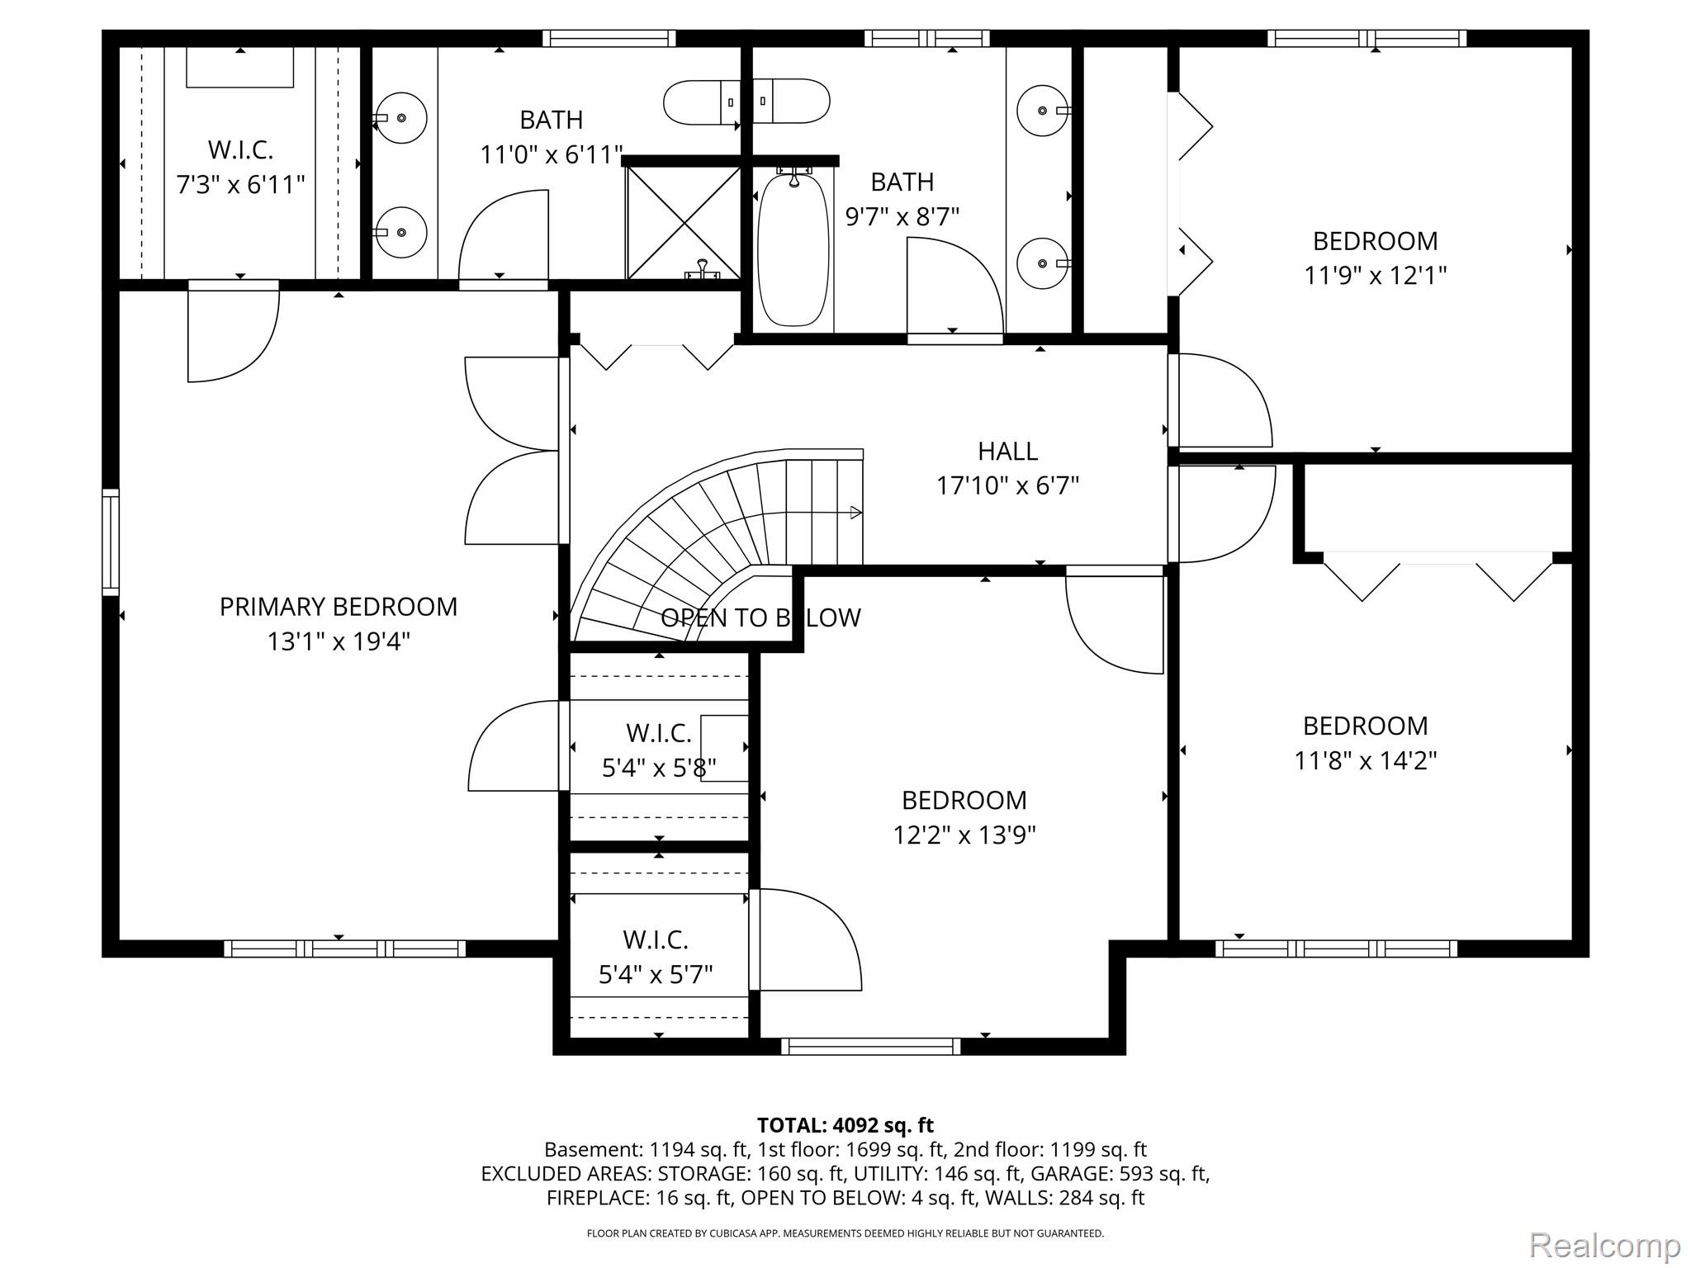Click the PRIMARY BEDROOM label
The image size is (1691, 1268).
pyautogui.click(x=338, y=607)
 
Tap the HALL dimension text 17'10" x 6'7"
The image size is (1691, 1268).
pyautogui.click(x=1007, y=485)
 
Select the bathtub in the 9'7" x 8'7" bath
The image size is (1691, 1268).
pyautogui.click(x=793, y=249)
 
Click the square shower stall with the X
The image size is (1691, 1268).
pyautogui.click(x=683, y=221)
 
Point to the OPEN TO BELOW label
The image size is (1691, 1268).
pyautogui.click(x=760, y=617)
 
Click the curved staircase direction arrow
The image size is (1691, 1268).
pyautogui.click(x=855, y=513)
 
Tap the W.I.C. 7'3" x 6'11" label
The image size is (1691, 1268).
pyautogui.click(x=240, y=167)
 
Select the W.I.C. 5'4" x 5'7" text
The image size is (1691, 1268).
pyautogui.click(x=656, y=958)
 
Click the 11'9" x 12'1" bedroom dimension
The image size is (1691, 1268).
pyautogui.click(x=1375, y=275)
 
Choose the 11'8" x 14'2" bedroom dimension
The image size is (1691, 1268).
pyautogui.click(x=1365, y=759)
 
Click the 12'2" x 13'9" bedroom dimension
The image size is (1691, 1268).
pyautogui.click(x=964, y=835)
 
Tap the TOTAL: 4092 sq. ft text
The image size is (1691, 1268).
pyautogui.click(x=845, y=1125)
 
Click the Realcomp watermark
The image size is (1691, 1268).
pyautogui.click(x=1604, y=1244)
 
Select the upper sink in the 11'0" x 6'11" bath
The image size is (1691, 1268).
pyautogui.click(x=401, y=118)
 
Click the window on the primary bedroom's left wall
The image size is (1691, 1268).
pyautogui.click(x=110, y=542)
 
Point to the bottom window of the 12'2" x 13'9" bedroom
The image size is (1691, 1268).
pyautogui.click(x=870, y=1046)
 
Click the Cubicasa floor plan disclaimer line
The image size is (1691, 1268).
pyautogui.click(x=845, y=1233)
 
